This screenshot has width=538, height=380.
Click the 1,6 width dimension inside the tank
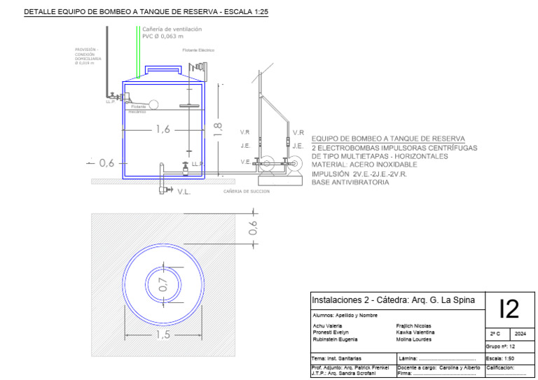(163, 129)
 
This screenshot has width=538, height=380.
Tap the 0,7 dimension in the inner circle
(163, 284)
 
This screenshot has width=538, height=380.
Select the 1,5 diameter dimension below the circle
(163, 335)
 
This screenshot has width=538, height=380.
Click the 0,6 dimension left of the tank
(106, 163)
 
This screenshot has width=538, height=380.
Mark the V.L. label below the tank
(184, 191)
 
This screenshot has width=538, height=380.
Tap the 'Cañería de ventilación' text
(172, 29)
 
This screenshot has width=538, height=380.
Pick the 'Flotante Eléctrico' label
(198, 50)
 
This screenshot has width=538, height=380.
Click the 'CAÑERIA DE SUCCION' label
(246, 191)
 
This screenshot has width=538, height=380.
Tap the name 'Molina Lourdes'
(414, 339)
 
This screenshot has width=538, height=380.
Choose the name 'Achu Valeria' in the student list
(327, 326)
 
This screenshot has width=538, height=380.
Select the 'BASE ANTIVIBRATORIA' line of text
(350, 181)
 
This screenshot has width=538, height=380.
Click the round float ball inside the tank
(153, 104)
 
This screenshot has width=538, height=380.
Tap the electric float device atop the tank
(198, 68)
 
